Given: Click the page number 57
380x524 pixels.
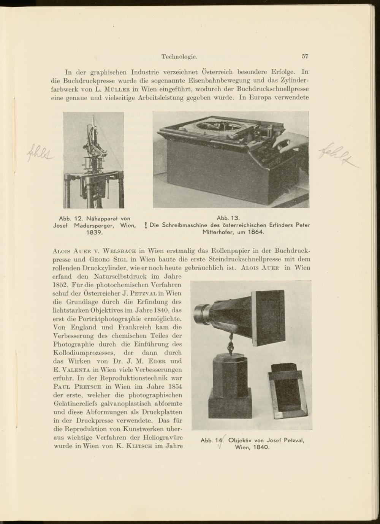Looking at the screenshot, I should (x=305, y=56).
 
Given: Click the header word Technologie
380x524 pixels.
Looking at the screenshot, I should (x=179, y=57).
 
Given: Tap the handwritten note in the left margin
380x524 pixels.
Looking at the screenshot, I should (x=39, y=154).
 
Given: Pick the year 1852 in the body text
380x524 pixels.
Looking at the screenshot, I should (x=58, y=285).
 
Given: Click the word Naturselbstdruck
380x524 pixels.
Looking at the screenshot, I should (x=120, y=276).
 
